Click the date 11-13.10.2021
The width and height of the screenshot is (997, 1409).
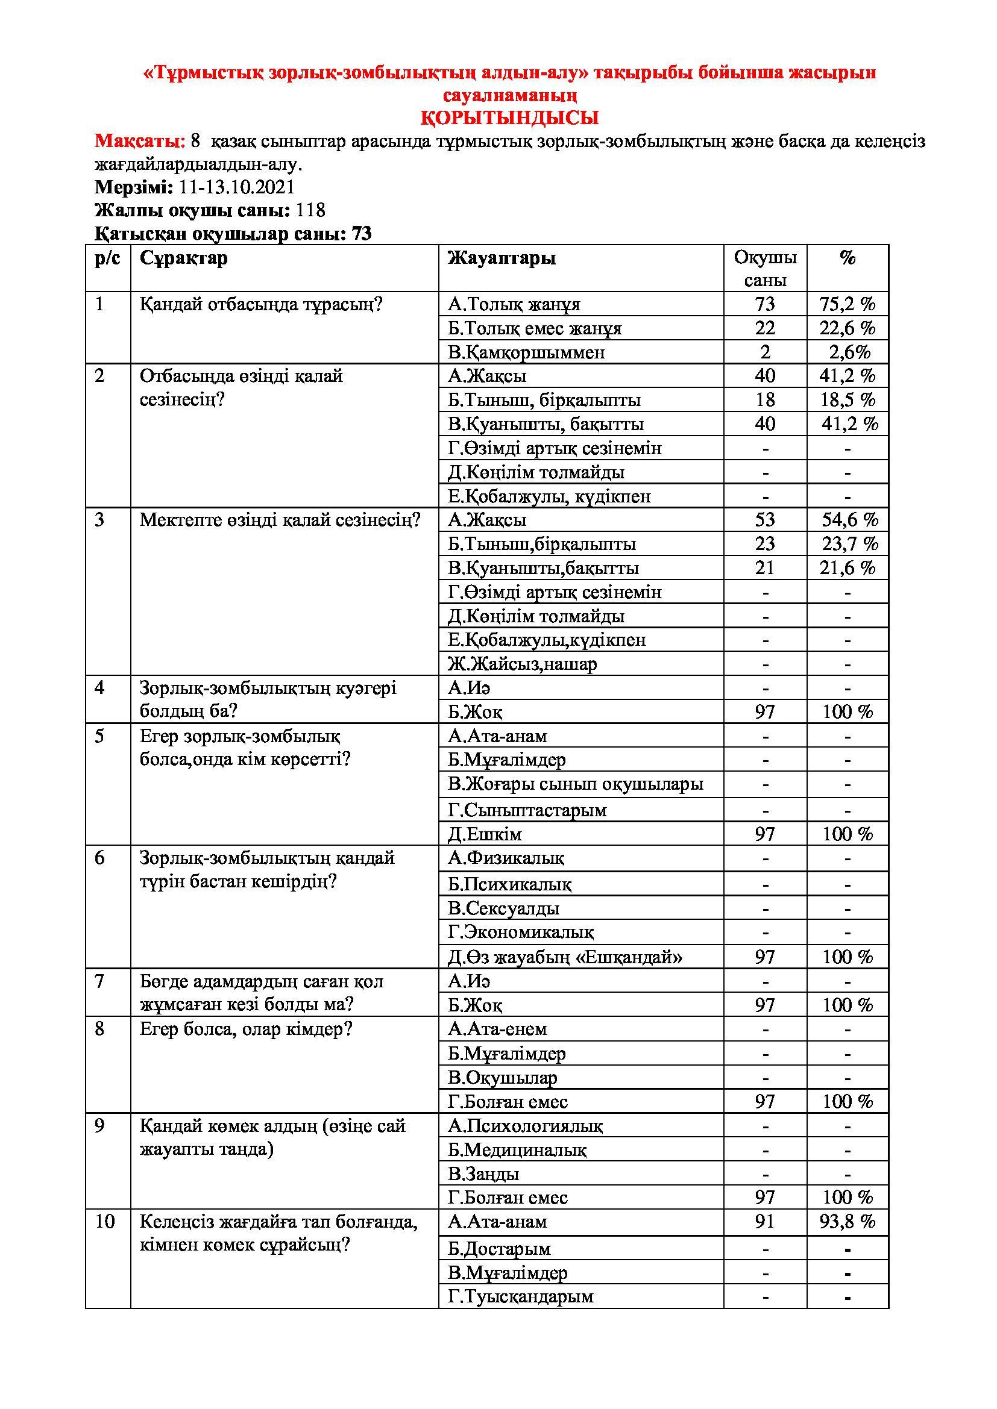(x=237, y=187)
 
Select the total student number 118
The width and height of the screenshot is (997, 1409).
(x=310, y=210)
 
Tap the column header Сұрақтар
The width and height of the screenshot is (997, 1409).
(x=184, y=258)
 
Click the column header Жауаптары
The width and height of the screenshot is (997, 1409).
(x=502, y=258)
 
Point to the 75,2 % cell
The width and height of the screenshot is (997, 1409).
(x=847, y=304)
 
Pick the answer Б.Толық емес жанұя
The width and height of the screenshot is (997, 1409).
(x=535, y=329)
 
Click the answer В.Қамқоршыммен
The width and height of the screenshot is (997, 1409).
(x=526, y=353)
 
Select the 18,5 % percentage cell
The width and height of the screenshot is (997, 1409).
(x=847, y=400)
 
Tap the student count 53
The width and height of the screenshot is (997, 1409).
(x=765, y=520)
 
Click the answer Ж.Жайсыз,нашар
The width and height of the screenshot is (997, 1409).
(x=523, y=664)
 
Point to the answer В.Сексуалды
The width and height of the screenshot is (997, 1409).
(x=503, y=908)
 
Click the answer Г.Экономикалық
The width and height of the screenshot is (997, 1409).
(x=521, y=933)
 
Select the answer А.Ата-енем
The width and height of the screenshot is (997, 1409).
(x=497, y=1029)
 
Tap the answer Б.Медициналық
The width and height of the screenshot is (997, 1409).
(x=517, y=1149)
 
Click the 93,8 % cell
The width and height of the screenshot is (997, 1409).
(x=847, y=1222)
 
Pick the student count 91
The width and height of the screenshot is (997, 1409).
(x=765, y=1222)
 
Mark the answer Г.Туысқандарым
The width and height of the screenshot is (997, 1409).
(x=521, y=1297)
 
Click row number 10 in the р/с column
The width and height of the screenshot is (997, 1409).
(x=105, y=1222)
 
